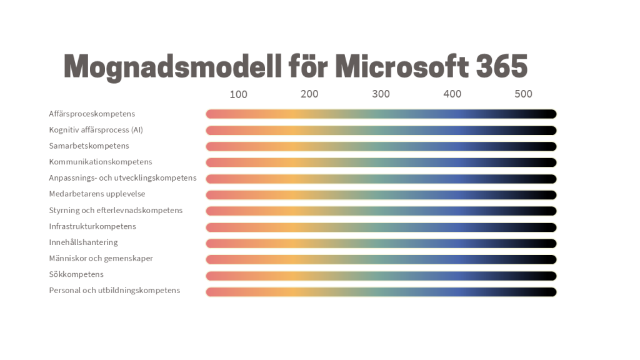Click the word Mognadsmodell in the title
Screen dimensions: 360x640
point(172,66)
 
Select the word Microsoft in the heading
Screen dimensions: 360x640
point(401,66)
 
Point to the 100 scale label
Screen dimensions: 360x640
point(238,94)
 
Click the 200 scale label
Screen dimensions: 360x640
point(309,94)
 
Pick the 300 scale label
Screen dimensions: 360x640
point(381,94)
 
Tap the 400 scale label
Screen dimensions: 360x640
point(452,94)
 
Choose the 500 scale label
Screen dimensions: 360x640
point(524,94)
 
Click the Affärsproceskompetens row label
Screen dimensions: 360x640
point(92,114)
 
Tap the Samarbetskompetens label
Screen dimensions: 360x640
point(89,146)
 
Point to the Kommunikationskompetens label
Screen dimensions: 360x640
point(100,162)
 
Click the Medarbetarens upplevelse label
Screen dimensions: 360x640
point(97,194)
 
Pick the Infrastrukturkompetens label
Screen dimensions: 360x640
point(92,226)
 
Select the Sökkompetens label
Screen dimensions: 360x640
point(76,274)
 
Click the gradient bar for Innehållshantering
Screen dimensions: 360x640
point(381,243)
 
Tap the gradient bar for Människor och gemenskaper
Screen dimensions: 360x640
point(381,259)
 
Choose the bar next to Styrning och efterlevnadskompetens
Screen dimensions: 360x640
point(381,211)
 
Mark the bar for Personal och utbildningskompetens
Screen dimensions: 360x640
point(381,292)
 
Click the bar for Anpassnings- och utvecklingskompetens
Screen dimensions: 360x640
point(381,179)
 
